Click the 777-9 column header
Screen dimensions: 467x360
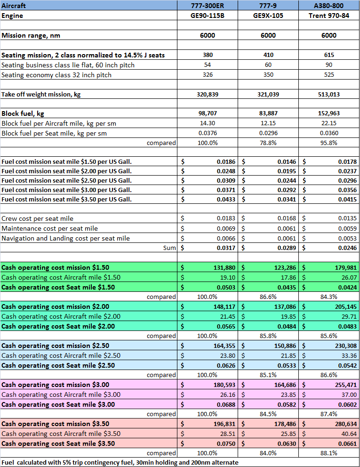(268, 6)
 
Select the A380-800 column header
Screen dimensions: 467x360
(329, 6)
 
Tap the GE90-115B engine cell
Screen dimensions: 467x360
(208, 16)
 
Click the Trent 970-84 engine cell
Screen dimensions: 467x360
(329, 16)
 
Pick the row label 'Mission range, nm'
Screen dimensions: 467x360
(31, 35)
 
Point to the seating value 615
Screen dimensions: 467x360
(329, 55)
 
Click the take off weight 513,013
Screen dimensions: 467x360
(329, 94)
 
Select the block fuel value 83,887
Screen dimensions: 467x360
(268, 113)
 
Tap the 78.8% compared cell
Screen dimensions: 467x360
(268, 143)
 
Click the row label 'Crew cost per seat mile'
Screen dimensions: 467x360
(38, 218)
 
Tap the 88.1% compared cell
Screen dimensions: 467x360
(329, 453)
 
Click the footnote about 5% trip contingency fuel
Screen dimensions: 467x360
(120, 462)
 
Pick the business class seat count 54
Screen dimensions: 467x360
(208, 65)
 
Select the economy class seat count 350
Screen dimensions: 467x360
(268, 74)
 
